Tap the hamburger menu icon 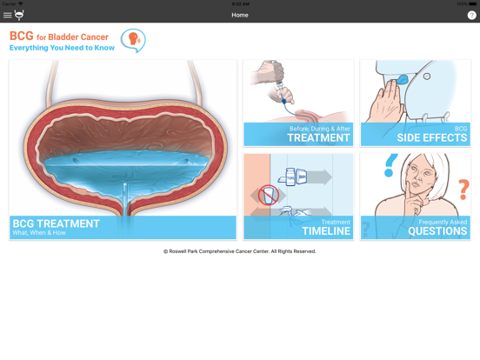7,15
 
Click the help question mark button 471,15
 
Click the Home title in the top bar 240,15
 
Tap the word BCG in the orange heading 21,37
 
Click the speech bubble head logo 133,40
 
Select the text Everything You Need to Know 62,48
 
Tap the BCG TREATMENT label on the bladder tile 56,223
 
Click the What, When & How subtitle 39,233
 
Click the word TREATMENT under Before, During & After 318,137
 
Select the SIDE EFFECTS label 432,137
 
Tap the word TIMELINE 326,231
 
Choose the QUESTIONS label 437,231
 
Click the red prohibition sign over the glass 269,195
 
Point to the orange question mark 463,187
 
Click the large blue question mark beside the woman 390,164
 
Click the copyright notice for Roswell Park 240,251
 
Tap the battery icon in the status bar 472,3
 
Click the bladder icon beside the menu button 19,15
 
